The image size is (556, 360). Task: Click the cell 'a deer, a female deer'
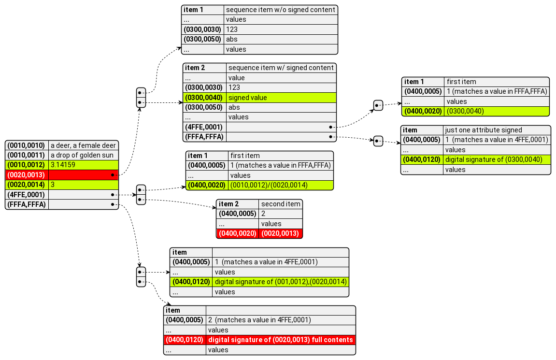(83, 145)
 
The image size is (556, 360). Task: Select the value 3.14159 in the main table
(83, 165)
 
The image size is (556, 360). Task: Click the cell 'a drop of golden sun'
(83, 155)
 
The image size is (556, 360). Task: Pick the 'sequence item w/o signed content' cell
(280, 10)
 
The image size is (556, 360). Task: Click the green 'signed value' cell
(281, 97)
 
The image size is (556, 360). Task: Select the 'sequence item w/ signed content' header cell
(281, 68)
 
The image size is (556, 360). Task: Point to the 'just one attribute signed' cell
(497, 130)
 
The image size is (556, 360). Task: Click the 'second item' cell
(280, 204)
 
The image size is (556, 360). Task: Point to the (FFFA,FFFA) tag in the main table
(27, 204)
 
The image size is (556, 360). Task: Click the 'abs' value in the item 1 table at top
(280, 39)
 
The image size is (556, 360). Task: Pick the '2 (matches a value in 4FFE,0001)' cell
(280, 320)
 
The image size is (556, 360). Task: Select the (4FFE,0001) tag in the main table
(27, 194)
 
